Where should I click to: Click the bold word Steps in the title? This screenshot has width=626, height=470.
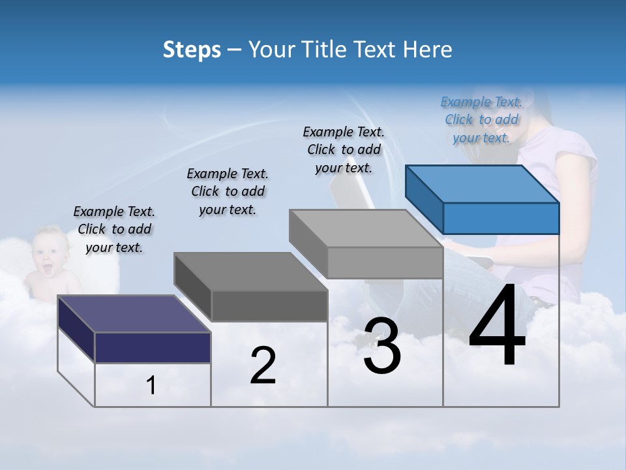[x=192, y=50]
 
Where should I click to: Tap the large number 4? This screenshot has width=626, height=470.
[x=497, y=326]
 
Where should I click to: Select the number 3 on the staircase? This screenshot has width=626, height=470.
[x=382, y=347]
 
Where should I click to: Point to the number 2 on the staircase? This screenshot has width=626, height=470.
[x=263, y=366]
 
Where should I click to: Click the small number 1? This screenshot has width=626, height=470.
[x=151, y=386]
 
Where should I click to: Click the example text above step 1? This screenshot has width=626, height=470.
[x=114, y=229]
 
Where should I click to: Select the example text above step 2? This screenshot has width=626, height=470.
[x=228, y=191]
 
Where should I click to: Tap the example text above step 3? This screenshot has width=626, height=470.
[x=344, y=149]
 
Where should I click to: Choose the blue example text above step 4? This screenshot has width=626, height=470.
[x=481, y=119]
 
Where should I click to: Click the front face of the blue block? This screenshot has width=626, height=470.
[x=501, y=218]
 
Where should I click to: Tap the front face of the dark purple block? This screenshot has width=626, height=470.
[x=153, y=347]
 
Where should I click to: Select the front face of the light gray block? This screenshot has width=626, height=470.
[x=385, y=262]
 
